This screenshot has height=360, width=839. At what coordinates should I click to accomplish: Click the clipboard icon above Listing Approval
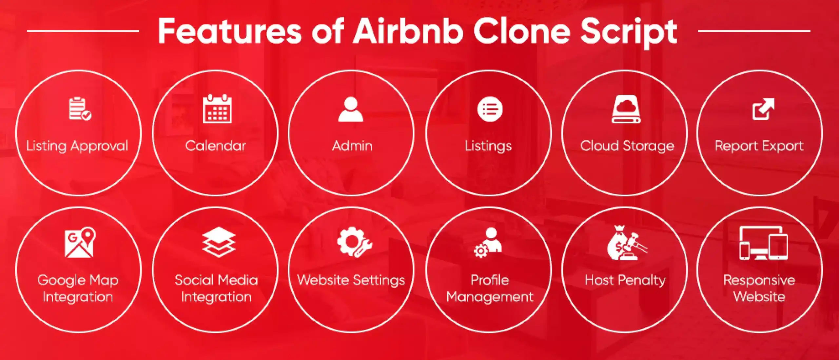pos(80,109)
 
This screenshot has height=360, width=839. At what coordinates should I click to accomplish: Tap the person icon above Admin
pos(351,110)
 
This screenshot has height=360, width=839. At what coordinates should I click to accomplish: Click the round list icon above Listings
pos(490,109)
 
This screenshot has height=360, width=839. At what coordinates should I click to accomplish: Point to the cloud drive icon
pos(626,109)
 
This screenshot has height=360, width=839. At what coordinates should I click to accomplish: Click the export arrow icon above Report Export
pos(763,109)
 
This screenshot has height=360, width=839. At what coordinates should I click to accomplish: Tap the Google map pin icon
pos(80,242)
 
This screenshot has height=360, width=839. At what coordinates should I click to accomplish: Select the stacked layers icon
pos(219,242)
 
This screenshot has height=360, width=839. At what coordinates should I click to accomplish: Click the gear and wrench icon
pos(354,242)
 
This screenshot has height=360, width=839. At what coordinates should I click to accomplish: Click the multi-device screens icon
pos(763,243)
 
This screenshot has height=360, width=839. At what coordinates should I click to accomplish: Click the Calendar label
pos(215,146)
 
